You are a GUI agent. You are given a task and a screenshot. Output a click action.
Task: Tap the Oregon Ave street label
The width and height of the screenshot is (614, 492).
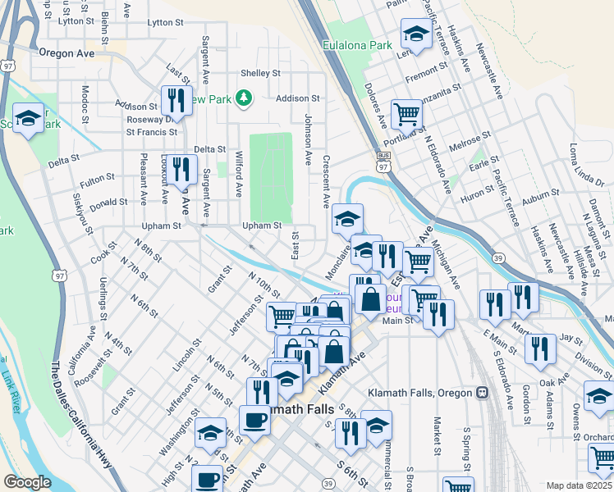(66, 53)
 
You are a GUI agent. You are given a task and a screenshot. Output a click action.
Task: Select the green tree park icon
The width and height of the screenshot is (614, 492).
(243, 99)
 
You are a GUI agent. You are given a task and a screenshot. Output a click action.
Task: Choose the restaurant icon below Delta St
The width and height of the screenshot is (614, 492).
(183, 171)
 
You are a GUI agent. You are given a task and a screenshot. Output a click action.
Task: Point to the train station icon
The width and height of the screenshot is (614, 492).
(483, 393)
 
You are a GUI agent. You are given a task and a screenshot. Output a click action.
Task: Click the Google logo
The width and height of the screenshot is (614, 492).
(26, 482)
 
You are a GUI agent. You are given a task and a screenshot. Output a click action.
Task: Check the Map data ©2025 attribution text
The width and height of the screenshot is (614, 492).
(579, 485)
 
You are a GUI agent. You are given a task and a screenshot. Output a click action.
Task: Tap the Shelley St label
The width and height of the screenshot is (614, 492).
(261, 73)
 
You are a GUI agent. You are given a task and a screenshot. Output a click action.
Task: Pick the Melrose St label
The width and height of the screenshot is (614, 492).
(470, 139)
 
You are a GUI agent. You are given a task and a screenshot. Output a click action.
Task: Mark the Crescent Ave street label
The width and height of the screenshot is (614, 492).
(326, 180)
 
